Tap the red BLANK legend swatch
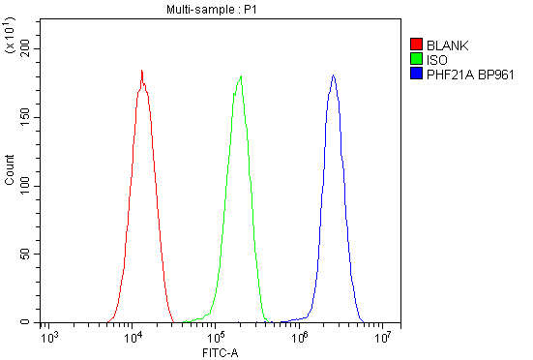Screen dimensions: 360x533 coord(416,45)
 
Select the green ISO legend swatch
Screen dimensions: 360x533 coord(416,59)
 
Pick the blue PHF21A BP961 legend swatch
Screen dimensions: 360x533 coord(416,74)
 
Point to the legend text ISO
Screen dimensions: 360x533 coord(435,59)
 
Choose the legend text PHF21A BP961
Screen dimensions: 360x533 coord(468,74)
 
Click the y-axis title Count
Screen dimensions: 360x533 coord(10,170)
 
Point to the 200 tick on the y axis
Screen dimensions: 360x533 coord(26,47)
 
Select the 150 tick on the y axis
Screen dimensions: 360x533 coord(26,116)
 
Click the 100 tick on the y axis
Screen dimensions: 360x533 coord(26,185)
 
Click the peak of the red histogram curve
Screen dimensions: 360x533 coord(141,71)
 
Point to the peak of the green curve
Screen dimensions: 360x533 coord(241,76)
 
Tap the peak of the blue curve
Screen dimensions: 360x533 coord(333,75)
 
